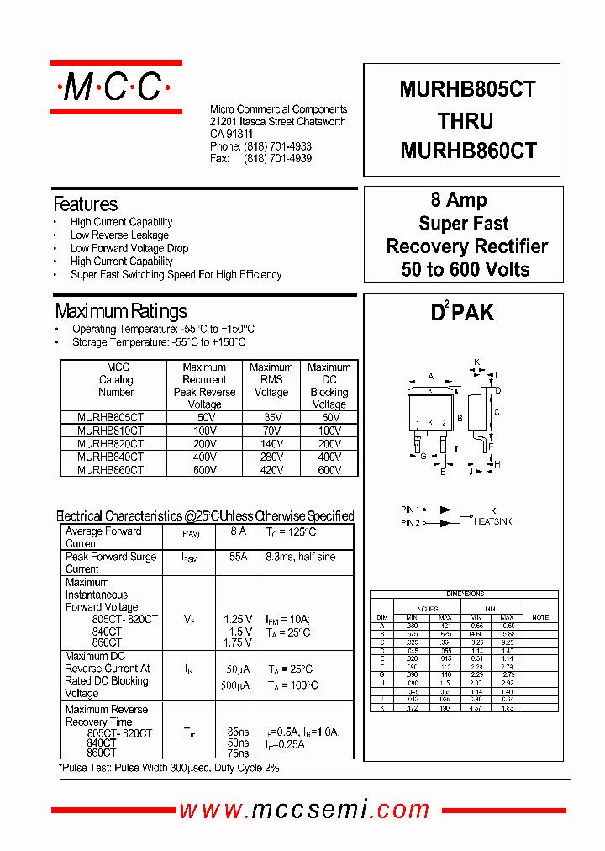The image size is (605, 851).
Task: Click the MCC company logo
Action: (116, 87)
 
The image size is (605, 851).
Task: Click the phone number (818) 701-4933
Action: (277, 146)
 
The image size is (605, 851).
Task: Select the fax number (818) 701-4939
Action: (277, 159)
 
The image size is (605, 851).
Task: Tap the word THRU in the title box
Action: (465, 121)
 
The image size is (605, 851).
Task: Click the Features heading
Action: (85, 204)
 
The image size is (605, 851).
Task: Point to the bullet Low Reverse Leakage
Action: (119, 235)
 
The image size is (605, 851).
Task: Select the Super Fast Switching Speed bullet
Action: (176, 275)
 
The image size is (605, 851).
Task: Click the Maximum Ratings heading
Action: (120, 312)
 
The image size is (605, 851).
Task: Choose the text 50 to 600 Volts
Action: (466, 270)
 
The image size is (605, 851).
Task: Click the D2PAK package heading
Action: (462, 313)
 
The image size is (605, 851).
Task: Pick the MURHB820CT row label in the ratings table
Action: (110, 444)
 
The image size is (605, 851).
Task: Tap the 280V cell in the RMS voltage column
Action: (271, 457)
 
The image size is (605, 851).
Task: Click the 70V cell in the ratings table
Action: (271, 431)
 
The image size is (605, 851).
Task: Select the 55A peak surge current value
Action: (238, 558)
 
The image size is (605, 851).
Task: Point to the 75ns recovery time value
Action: (238, 754)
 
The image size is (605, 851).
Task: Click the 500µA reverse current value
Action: (237, 686)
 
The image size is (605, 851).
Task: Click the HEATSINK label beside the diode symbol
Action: (493, 522)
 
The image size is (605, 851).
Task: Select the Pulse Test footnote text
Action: (169, 769)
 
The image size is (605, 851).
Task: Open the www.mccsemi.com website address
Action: (305, 810)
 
